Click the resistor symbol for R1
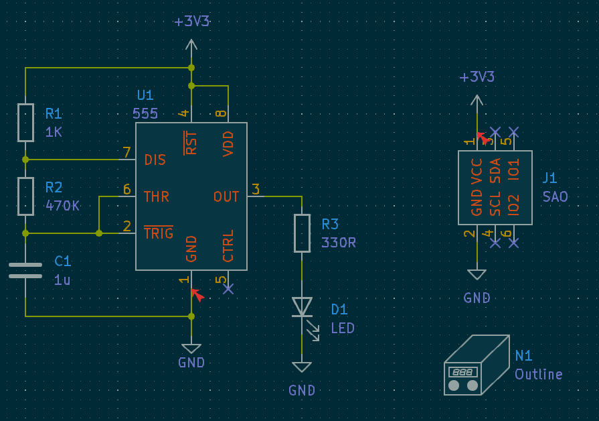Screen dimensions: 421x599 click(x=25, y=123)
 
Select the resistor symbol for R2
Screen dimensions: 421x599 click(x=25, y=196)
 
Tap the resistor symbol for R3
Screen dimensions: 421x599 click(x=302, y=233)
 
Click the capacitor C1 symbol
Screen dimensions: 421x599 click(x=25, y=270)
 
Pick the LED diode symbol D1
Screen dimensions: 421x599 click(x=302, y=306)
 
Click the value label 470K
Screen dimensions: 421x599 click(x=62, y=206)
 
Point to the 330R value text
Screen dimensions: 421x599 click(x=339, y=243)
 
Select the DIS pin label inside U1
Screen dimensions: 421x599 click(x=155, y=160)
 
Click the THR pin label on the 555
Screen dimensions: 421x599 click(x=157, y=197)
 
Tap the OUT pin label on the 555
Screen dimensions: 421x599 click(x=226, y=197)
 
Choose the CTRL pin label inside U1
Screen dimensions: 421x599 click(x=228, y=246)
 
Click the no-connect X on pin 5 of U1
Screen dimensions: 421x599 click(x=228, y=289)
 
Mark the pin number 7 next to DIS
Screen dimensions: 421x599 click(x=126, y=153)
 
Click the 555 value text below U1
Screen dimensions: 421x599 click(x=145, y=113)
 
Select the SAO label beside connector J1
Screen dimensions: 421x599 click(x=555, y=197)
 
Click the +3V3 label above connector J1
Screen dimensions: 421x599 click(x=477, y=77)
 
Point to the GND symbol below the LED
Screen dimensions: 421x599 click(x=302, y=367)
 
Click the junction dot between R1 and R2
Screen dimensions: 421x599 click(x=25, y=160)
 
